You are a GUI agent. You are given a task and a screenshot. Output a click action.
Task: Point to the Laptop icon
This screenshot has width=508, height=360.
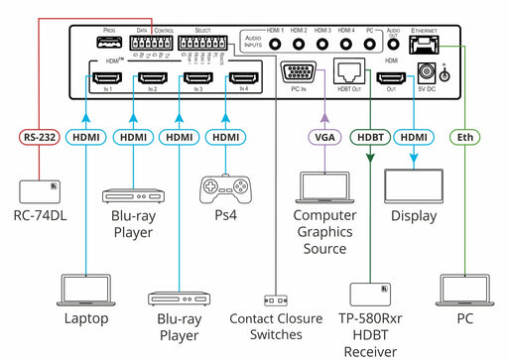pos(86,290)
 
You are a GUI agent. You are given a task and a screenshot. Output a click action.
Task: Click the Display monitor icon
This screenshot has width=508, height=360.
pos(412,184)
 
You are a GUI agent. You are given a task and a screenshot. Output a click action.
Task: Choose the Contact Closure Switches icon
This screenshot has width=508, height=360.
pos(276,299)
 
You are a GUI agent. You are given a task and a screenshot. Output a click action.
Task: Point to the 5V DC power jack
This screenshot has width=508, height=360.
pos(429,71)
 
